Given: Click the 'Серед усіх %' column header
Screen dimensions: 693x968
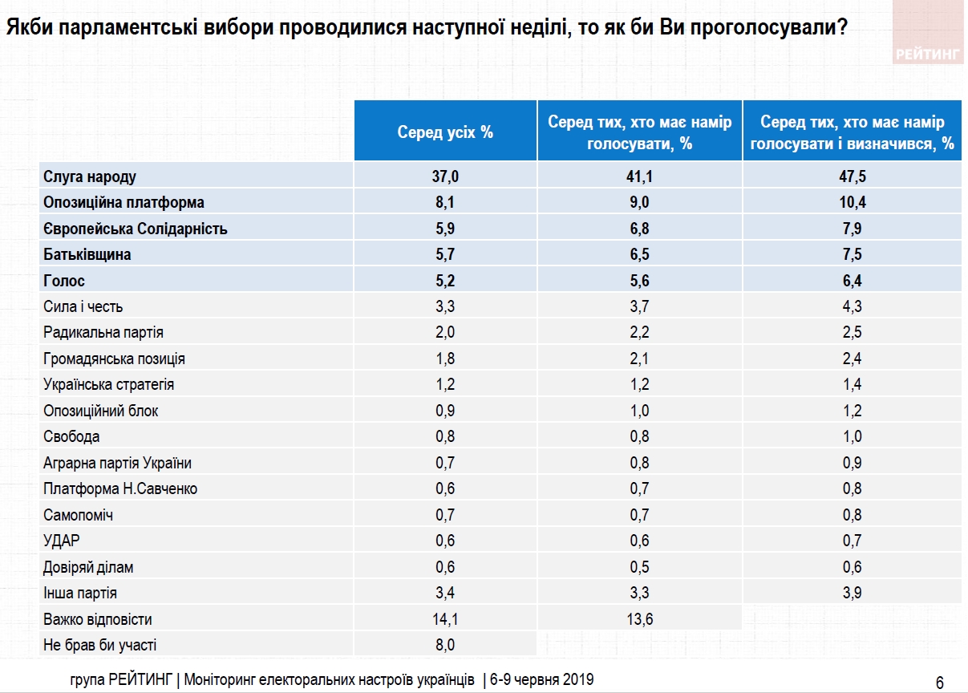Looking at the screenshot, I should coord(445,132).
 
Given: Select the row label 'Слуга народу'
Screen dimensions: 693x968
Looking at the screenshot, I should coord(89,176).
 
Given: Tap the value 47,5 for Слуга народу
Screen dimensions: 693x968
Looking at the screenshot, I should coord(852,176).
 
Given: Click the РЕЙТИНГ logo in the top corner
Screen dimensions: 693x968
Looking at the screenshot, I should coord(926,55).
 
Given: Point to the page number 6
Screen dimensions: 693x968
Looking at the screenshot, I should coord(939,683).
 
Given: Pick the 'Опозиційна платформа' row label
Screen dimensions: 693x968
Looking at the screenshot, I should coord(124,202).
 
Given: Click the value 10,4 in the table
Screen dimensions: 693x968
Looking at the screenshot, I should coord(852,202).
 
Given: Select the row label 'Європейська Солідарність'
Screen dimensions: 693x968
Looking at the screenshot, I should coord(136,229).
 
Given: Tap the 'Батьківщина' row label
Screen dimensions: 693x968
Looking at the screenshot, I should coord(87,254).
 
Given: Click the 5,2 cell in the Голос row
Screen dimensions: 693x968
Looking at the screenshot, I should coord(444,281).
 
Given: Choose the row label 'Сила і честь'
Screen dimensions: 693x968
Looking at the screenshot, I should coord(83,306).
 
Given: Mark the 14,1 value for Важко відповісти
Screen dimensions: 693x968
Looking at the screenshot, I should coord(444,619).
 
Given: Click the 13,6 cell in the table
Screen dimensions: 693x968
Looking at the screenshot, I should coord(639,619).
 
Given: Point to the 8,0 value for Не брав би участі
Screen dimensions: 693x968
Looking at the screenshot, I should coord(444,645).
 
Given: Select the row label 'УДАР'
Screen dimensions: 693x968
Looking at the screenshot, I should coord(62,541).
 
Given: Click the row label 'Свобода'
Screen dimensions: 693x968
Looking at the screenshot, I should coord(72,436).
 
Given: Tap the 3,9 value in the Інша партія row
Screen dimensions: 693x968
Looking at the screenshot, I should coord(852,593).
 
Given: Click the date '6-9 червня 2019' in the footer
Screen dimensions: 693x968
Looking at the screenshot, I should coord(541,679).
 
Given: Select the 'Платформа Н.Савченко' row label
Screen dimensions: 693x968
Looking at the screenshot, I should coord(120,488).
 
